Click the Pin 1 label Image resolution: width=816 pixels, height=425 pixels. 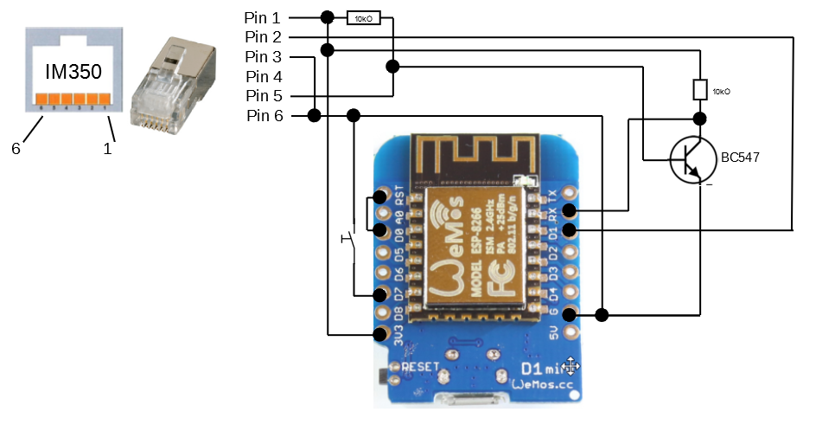pos(264,17)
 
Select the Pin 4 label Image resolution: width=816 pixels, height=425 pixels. pos(264,76)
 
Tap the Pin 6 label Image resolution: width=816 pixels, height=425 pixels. pos(264,116)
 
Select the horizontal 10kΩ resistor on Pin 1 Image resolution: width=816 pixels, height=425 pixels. pos(364,17)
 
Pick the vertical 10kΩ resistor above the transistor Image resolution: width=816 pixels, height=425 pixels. pos(700,89)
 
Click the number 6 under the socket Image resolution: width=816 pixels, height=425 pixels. pos(16,149)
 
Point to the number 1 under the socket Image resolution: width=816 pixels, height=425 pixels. pos(108,149)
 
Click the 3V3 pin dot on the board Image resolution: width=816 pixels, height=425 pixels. pos(380,333)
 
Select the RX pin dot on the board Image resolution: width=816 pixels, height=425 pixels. pos(569,210)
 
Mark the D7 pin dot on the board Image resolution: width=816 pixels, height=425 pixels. pos(380,293)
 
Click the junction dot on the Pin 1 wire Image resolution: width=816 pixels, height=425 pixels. pos(327,17)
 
